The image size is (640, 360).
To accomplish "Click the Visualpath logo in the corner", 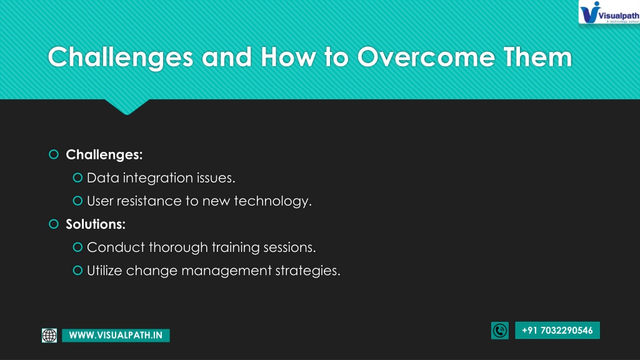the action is pos(609,12).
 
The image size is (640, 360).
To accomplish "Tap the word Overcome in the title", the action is pos(426,57).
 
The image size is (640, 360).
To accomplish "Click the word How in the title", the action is pos(288,57).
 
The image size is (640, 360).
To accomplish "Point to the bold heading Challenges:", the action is pos(104,154).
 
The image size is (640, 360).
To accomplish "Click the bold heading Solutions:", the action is pos(96,224).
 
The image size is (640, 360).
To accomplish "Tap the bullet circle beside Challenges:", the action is pos(54,154).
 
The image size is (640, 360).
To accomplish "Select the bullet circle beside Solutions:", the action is pos(54,224).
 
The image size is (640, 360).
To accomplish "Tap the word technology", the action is pos(272,201).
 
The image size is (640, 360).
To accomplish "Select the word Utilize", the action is pos(104,270).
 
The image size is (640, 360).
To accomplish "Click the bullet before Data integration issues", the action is pos(77,177).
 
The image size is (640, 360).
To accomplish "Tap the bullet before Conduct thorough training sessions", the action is pos(77,247).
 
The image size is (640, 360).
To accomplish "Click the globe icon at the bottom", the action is pos(49,335).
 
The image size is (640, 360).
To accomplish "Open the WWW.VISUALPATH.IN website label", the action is pos(116,335).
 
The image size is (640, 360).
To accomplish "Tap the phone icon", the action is pos(499,330).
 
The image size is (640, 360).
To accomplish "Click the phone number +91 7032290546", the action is pos(557,330).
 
